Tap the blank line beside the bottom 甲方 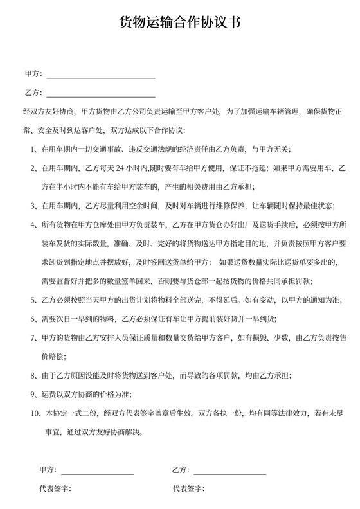click(x=97, y=473)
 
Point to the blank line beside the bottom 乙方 click(x=230, y=473)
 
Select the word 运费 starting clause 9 click(x=47, y=393)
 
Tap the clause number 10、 click(x=36, y=412)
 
